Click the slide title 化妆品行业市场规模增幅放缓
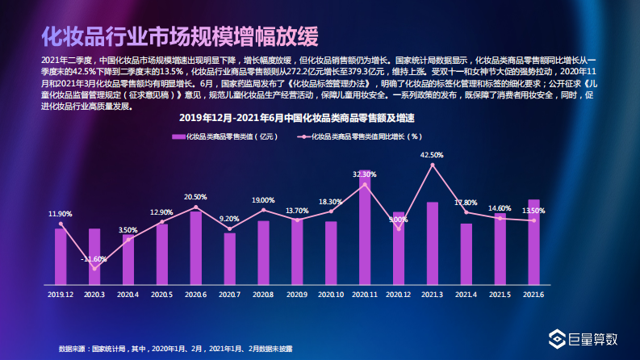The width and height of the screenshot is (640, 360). [179, 37]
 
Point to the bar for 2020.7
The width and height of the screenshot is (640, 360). [229, 258]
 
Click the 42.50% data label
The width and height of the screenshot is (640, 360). [432, 154]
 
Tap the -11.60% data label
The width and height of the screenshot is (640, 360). [94, 259]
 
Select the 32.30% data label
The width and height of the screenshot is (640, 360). [365, 174]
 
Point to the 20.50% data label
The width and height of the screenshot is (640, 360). [195, 197]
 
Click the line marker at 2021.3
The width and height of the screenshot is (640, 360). [433, 165]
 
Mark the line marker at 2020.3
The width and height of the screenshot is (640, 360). [94, 269]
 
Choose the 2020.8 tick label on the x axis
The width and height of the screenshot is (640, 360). [263, 295]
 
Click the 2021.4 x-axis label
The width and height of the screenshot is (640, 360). [466, 295]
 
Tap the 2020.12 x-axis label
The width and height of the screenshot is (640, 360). [398, 295]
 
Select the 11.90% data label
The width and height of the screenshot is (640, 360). [61, 214]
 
